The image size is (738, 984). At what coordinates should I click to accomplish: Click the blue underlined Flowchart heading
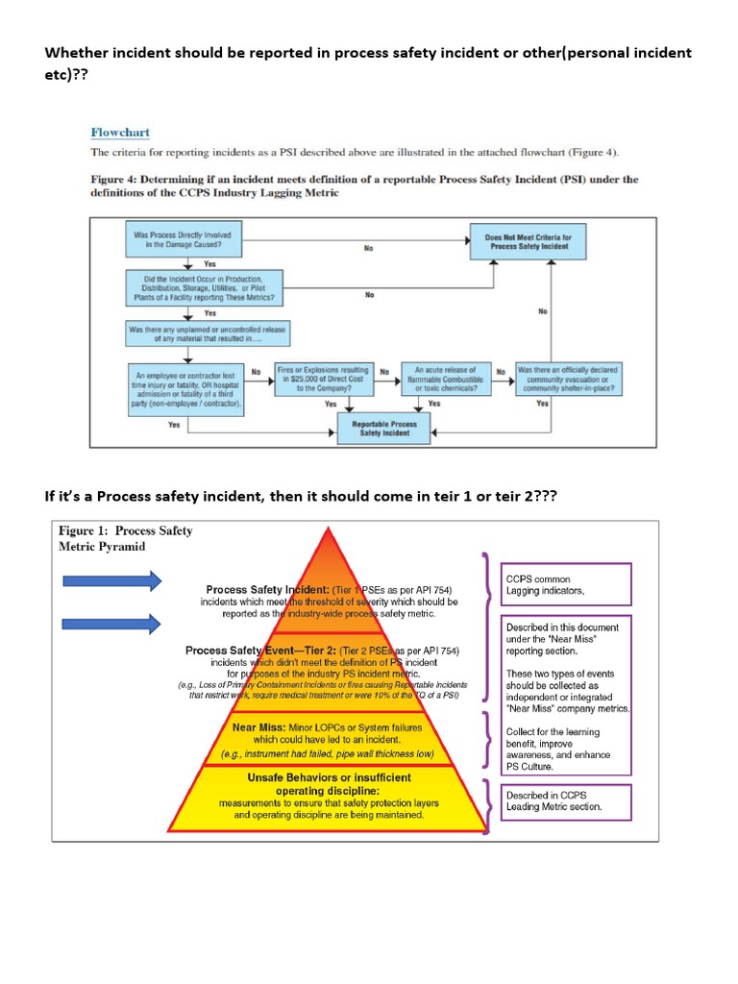pyautogui.click(x=120, y=132)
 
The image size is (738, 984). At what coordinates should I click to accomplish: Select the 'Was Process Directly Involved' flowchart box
pyautogui.click(x=183, y=239)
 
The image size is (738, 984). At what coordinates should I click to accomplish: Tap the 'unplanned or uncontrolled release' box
pyautogui.click(x=207, y=333)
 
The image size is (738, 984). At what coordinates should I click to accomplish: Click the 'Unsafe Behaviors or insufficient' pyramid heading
pyautogui.click(x=329, y=777)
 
